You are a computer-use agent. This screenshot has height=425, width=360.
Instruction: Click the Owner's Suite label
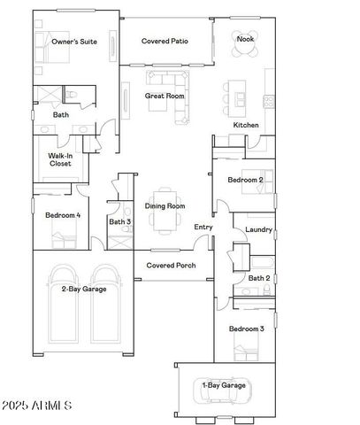pyautogui.click(x=74, y=42)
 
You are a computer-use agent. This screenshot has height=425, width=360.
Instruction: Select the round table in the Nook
pyautogui.click(x=245, y=50)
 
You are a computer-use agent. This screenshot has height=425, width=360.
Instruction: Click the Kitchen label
pyautogui.click(x=246, y=125)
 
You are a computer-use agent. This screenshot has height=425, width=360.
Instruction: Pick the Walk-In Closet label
pyautogui.click(x=60, y=159)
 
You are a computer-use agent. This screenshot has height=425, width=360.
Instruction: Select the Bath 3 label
pyautogui.click(x=120, y=221)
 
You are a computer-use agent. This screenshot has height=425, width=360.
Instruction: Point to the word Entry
pyautogui.click(x=203, y=228)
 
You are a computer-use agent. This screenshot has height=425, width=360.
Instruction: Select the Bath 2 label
pyautogui.click(x=258, y=278)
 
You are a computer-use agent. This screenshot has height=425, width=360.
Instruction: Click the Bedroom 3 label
pyautogui.click(x=247, y=329)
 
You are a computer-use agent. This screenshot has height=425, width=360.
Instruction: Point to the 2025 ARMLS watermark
pyautogui.click(x=38, y=406)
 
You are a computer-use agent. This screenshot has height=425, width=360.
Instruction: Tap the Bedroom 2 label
pyautogui.click(x=247, y=180)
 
